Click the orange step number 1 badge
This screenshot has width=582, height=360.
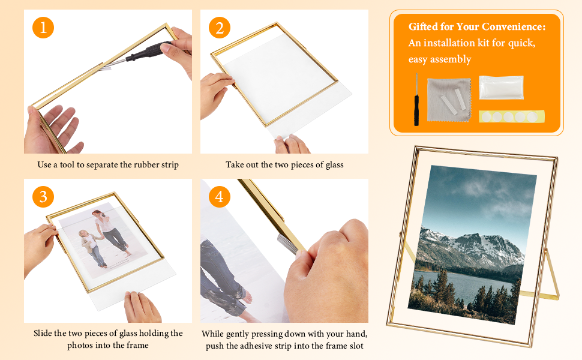pos(43,27)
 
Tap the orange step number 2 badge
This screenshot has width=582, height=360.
pos(220,27)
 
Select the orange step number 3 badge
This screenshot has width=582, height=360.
pos(43,196)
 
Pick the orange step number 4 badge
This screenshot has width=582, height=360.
pos(220,196)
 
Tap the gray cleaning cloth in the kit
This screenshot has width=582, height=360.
pos(448,98)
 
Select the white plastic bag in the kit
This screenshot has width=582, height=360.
pos(501,88)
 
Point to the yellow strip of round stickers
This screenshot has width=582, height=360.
pos(511,116)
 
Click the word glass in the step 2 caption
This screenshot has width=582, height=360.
pos(332,164)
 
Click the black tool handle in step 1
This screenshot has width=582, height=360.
pos(150,51)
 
